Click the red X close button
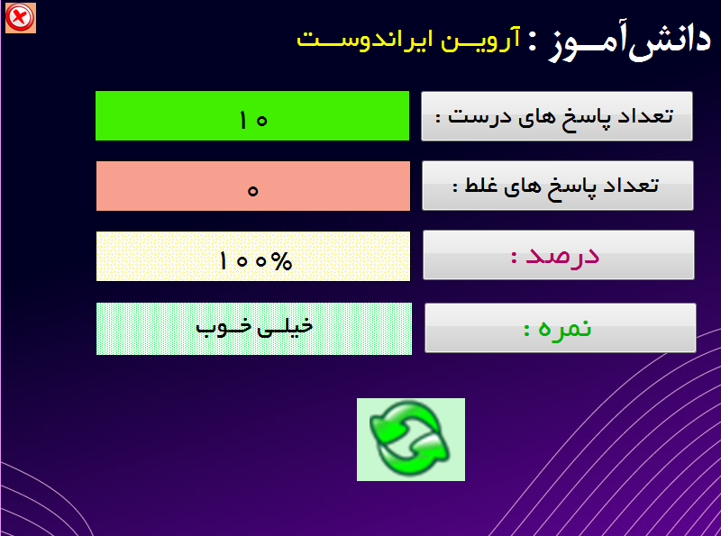(20, 18)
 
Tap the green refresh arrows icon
(411, 439)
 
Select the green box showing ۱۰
(252, 116)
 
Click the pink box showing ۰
(253, 186)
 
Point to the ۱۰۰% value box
(253, 256)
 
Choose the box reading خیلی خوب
(254, 329)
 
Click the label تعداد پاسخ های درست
(557, 116)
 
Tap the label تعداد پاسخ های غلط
(558, 186)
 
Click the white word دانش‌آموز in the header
(629, 42)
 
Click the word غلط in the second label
(481, 185)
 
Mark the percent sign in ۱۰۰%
(281, 261)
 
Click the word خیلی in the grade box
(286, 327)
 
